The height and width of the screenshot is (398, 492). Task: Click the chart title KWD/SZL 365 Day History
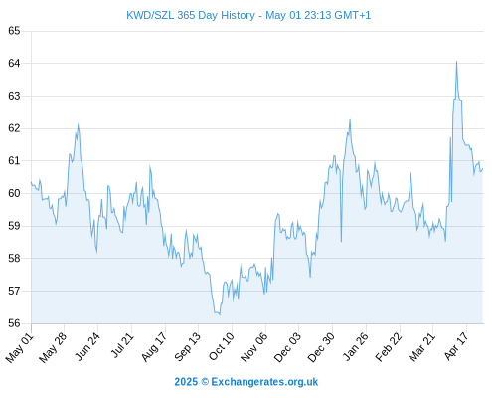191,15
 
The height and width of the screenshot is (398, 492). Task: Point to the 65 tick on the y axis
14,31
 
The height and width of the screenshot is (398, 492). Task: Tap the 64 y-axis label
14,63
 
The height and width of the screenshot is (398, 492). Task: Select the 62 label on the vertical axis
14,128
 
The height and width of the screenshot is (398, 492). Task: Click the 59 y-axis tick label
14,226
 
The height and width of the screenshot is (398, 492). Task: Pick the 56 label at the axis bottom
14,323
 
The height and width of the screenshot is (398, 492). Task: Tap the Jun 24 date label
86,347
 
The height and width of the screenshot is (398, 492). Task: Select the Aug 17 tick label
153,347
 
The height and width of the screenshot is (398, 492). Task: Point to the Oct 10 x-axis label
221,346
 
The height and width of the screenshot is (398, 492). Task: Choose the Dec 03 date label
287,347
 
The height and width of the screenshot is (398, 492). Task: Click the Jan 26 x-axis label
355,346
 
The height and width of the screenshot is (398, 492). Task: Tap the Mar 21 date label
421,347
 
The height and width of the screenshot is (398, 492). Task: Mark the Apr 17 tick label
456,346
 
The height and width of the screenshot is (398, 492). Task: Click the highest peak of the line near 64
456,62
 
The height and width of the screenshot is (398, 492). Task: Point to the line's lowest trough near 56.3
220,314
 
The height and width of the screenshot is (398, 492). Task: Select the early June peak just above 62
78,124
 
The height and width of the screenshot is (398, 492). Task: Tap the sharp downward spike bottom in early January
341,242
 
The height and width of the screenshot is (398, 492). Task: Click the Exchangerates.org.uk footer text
264,382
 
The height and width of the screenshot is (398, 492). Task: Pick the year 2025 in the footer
186,382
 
